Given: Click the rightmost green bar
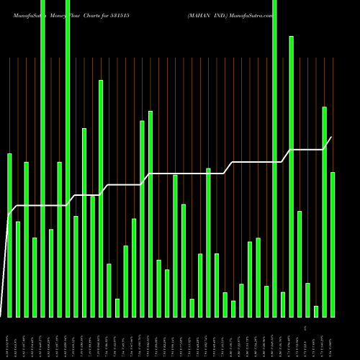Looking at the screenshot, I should click(x=333, y=245).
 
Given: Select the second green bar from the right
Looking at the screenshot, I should click(x=325, y=212).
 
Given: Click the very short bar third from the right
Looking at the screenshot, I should click(x=316, y=311).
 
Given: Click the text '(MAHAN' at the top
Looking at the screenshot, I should click(x=199, y=14).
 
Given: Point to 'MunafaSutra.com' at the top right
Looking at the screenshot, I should click(x=253, y=14).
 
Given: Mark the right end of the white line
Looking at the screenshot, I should click(x=331, y=138).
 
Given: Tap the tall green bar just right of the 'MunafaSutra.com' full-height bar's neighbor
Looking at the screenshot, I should click(x=292, y=176).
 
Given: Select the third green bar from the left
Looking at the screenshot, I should click(x=27, y=239).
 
